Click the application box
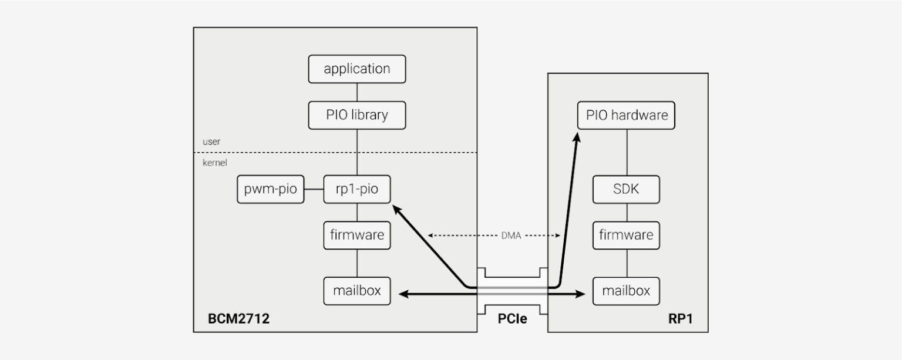click(357, 69)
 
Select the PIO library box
click(357, 115)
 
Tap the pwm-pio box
click(271, 190)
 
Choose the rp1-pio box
click(357, 190)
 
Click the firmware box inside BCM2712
click(357, 235)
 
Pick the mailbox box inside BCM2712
click(357, 291)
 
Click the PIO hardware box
click(626, 115)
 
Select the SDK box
click(626, 190)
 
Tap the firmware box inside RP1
click(626, 235)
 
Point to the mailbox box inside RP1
click(626, 291)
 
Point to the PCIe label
click(512, 319)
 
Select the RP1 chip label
click(680, 319)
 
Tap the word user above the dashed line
click(211, 142)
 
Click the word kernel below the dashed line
click(214, 163)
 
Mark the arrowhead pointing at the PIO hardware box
click(577, 138)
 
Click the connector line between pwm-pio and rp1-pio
click(314, 190)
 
